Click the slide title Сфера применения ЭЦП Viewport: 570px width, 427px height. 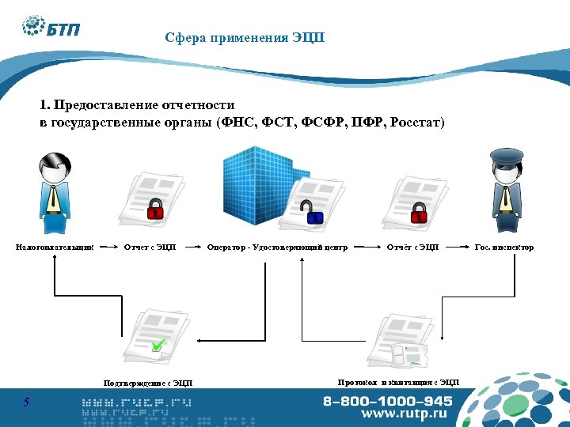pos(245,38)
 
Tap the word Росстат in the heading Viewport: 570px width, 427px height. pos(416,123)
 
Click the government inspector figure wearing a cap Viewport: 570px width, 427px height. pos(506,190)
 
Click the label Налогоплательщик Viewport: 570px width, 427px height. pos(55,248)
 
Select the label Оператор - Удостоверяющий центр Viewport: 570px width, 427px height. pos(277,248)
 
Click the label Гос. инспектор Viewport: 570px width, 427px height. pos(503,248)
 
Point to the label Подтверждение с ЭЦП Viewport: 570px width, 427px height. pos(148,384)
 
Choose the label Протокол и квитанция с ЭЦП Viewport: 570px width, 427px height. pos(398,383)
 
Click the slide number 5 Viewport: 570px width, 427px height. pos(26,402)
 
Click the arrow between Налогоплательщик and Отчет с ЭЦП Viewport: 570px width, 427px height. pos(108,248)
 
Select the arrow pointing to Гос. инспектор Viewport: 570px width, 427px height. pos(457,248)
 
